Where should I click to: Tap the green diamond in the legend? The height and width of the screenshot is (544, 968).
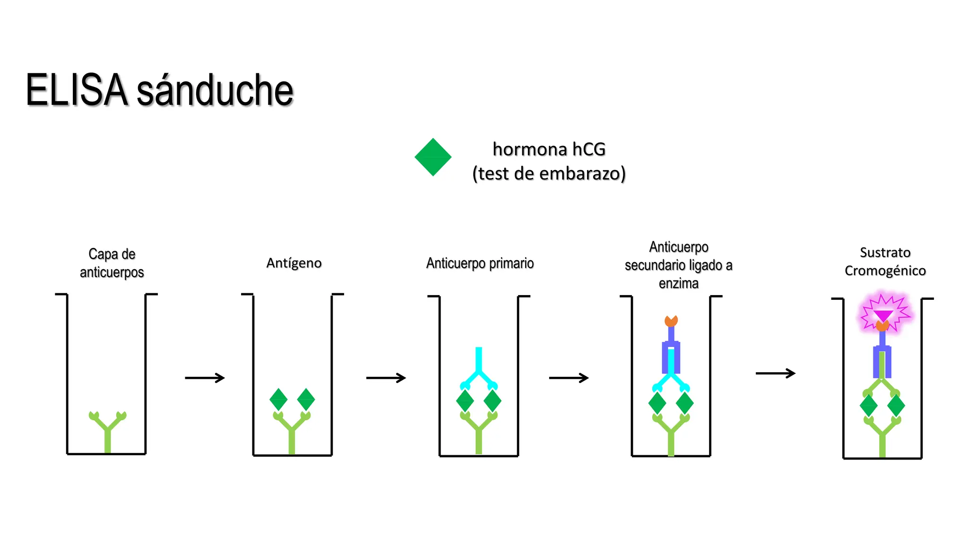433,157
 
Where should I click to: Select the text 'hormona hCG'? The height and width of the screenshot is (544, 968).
549,149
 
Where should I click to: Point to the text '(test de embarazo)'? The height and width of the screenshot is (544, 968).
549,174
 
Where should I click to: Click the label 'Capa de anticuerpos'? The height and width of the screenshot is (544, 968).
112,263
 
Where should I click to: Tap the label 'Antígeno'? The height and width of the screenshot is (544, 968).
294,263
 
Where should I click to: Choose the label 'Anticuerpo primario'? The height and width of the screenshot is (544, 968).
480,263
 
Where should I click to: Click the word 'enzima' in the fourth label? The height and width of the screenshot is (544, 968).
679,283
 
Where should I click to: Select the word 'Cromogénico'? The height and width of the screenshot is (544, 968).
885,271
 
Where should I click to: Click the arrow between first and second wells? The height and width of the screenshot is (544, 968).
205,378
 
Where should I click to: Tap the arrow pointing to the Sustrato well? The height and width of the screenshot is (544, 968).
776,374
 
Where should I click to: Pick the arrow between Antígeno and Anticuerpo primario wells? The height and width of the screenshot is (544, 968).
386,378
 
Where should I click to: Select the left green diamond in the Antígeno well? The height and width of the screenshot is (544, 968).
278,399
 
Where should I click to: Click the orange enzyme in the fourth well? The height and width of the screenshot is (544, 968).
671,321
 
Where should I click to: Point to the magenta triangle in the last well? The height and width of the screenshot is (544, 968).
883,315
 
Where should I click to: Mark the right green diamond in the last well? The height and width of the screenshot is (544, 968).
896,406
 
